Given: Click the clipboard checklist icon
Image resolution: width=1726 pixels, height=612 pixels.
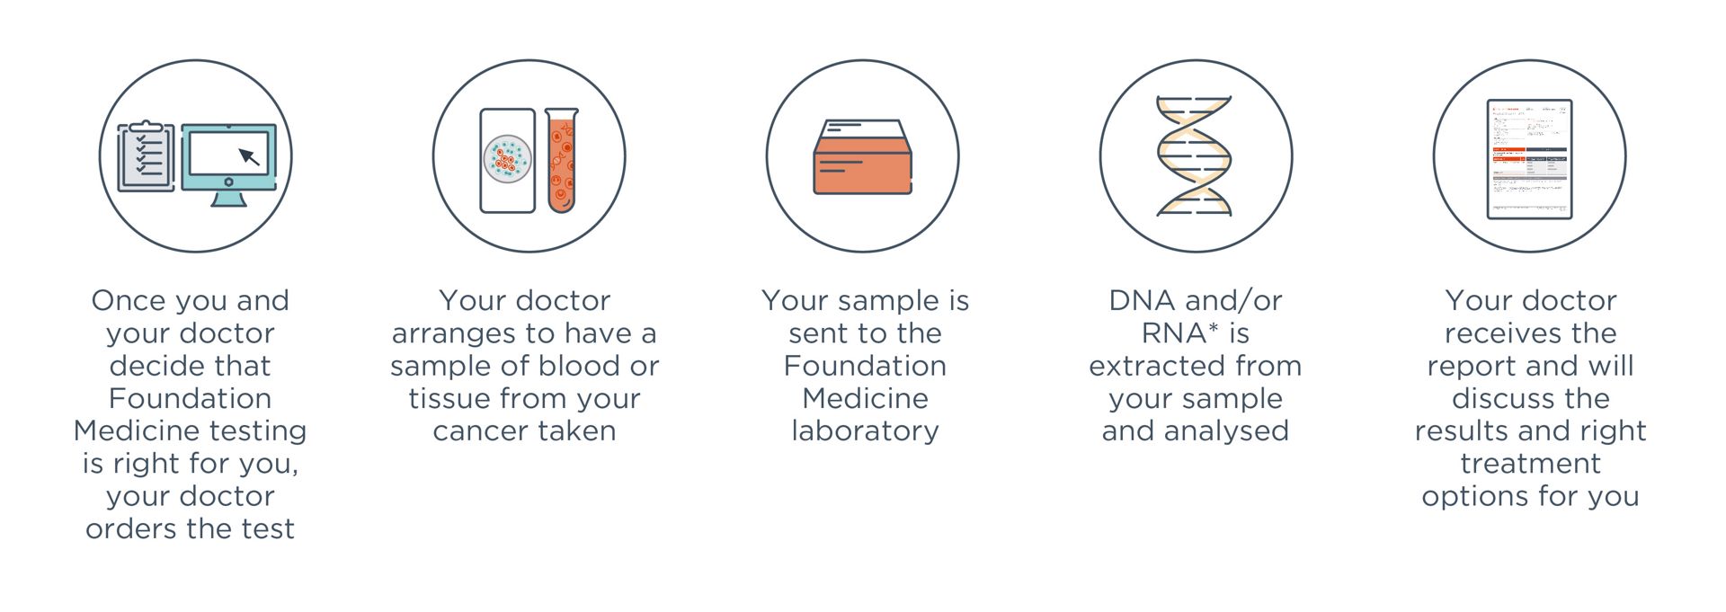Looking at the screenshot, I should click(x=146, y=157).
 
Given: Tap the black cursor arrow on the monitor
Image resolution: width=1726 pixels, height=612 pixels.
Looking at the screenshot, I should click(x=249, y=157).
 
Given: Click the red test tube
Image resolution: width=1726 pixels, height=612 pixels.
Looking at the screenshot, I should click(x=561, y=161).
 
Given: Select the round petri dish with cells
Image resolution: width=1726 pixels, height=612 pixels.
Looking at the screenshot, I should click(x=507, y=160).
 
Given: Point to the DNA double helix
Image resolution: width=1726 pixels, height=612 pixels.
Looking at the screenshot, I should click(x=1195, y=156).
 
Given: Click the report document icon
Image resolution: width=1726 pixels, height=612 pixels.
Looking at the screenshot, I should click(x=1529, y=159).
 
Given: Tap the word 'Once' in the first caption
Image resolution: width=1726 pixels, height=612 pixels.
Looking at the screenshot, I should click(x=128, y=300).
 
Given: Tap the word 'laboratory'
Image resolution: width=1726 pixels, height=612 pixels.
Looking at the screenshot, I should click(x=865, y=430).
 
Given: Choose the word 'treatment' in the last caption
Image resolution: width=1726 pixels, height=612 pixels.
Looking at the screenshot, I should click(x=1530, y=464).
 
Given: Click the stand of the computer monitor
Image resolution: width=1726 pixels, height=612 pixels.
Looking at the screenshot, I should click(x=228, y=199).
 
